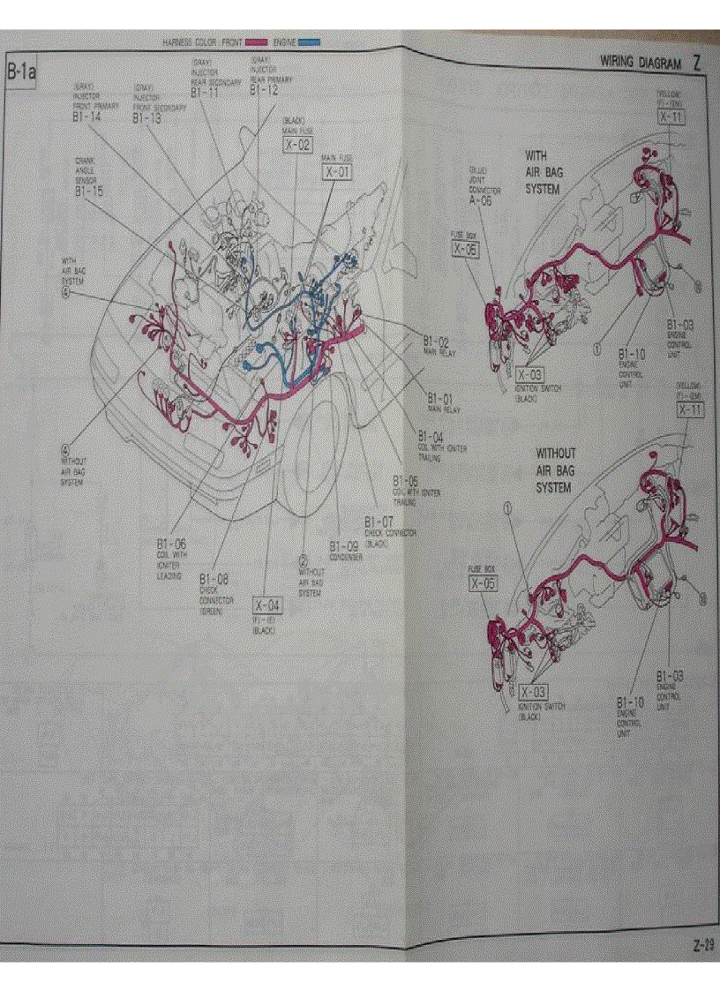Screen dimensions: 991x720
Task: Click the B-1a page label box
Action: tap(21, 72)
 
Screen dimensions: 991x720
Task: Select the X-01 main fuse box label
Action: tap(337, 172)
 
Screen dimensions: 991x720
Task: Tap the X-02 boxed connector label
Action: tap(297, 144)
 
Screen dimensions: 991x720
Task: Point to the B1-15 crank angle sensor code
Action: tap(88, 190)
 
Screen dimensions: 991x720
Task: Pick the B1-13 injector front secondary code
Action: tap(147, 117)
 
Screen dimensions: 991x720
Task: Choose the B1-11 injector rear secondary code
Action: tap(206, 91)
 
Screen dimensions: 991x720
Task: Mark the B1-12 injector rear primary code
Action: tap(264, 89)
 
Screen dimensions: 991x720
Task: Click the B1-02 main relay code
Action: tap(435, 341)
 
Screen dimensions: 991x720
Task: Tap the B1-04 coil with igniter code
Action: tap(431, 437)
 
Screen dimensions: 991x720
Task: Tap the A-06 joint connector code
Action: tap(480, 201)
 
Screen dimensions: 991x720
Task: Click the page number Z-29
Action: tap(702, 945)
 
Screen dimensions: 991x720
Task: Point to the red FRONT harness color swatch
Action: tap(256, 41)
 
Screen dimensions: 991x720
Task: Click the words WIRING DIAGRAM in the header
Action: tap(641, 64)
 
